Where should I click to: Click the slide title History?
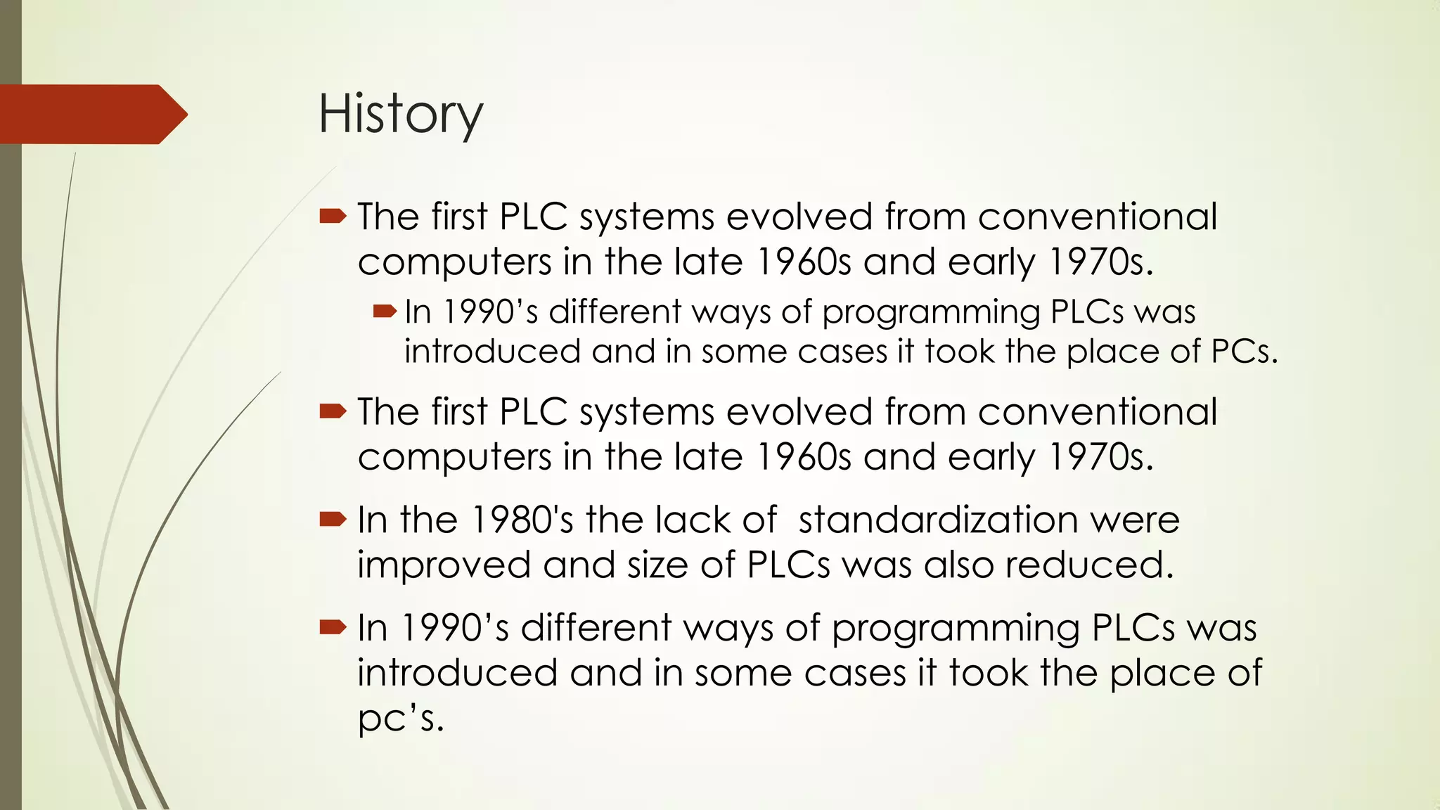click(x=401, y=115)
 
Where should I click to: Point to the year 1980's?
click(x=522, y=520)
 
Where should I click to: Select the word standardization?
click(x=938, y=520)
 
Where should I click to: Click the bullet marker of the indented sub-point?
click(x=385, y=311)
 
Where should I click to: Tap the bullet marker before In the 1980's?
click(x=333, y=520)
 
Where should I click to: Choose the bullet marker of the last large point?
click(x=333, y=627)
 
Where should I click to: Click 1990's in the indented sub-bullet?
click(x=490, y=311)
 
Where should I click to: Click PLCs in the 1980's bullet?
click(x=788, y=565)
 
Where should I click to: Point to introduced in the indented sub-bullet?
click(x=492, y=352)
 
